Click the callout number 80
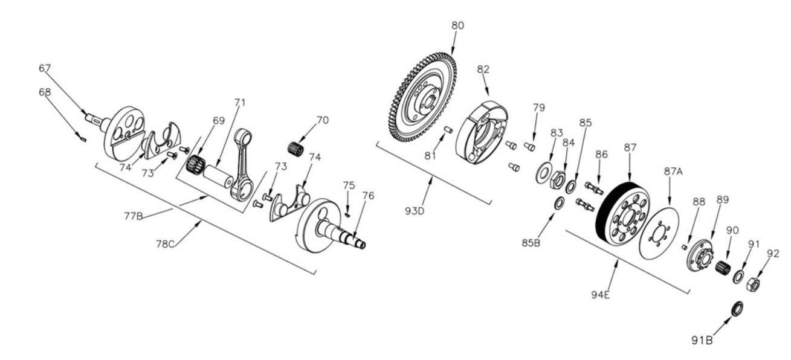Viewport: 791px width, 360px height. tap(458, 26)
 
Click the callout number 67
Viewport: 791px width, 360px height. tap(45, 69)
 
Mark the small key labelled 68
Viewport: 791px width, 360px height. tap(83, 138)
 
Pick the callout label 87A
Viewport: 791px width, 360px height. tap(674, 172)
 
